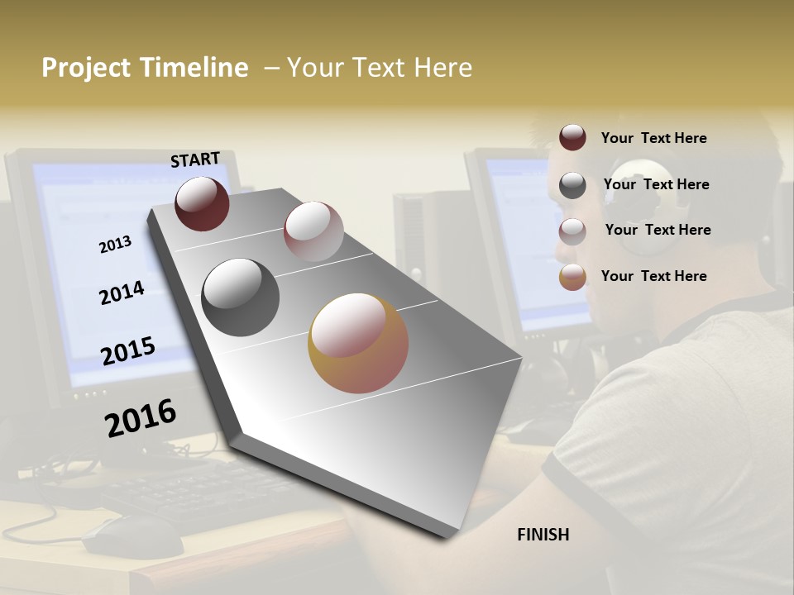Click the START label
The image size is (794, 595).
click(x=195, y=159)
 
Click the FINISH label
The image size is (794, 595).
click(x=543, y=535)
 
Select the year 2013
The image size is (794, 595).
click(x=115, y=244)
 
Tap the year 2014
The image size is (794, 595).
click(x=122, y=293)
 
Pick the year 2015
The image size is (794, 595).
click(x=128, y=351)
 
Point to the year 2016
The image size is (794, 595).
click(x=141, y=417)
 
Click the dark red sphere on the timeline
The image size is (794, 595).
click(x=202, y=203)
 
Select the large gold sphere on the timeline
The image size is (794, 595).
click(x=358, y=343)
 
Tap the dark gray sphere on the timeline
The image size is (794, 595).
click(x=240, y=297)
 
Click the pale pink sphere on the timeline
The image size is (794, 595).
click(x=313, y=231)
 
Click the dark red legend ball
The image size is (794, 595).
click(x=572, y=137)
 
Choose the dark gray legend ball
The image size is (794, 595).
click(x=572, y=185)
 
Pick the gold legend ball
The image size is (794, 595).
click(x=572, y=277)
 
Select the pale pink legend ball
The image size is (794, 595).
click(x=572, y=231)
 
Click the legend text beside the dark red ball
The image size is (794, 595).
click(x=653, y=138)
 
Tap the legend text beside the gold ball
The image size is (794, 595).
click(x=653, y=276)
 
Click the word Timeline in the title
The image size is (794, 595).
click(x=194, y=68)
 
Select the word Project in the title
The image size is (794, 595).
click(x=87, y=68)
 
